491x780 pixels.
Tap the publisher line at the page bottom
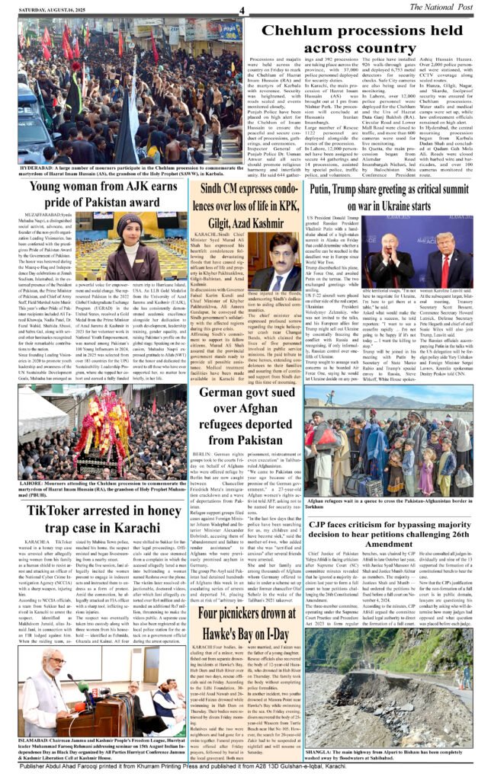point(245,769)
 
